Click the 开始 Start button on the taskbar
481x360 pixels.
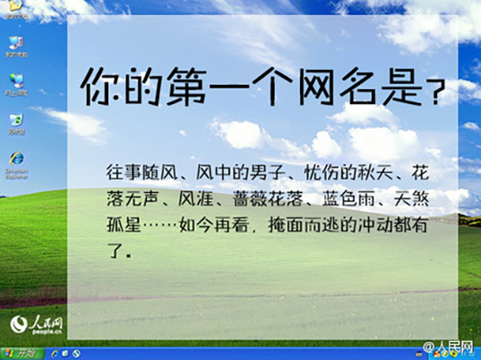pyautogui.click(x=19, y=353)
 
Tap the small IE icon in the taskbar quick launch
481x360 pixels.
pyautogui.click(x=54, y=353)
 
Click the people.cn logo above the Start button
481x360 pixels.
pyautogui.click(x=37, y=327)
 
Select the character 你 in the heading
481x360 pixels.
pyautogui.click(x=101, y=87)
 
